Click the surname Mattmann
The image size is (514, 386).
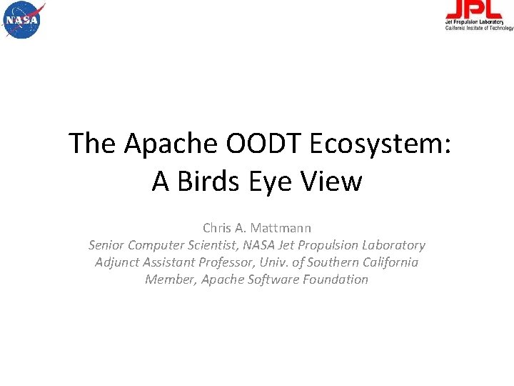click(281, 228)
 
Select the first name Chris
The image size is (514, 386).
click(217, 228)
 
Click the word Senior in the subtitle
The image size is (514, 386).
click(107, 245)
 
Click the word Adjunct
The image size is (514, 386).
click(117, 262)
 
